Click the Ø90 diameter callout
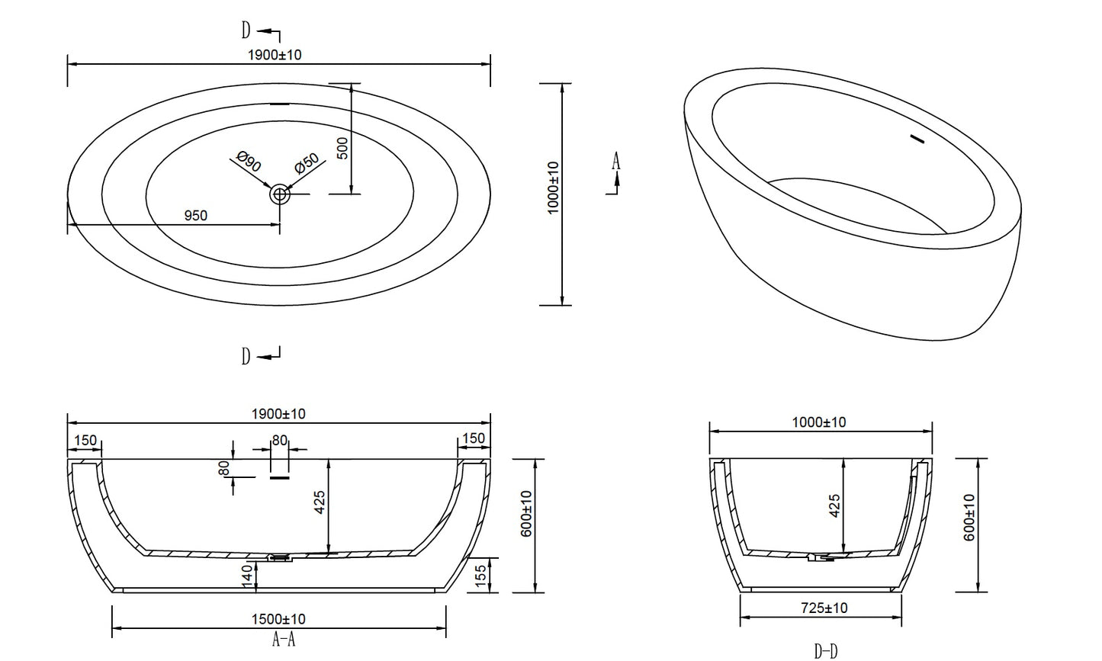(249, 162)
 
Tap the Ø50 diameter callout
(307, 163)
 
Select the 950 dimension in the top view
(196, 216)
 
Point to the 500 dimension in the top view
(343, 148)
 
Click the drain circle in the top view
(280, 194)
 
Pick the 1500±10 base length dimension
(278, 619)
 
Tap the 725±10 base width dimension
(824, 608)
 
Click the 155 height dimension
(480, 576)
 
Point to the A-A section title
(284, 640)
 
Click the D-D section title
(826, 651)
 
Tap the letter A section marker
(616, 161)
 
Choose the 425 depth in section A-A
(320, 502)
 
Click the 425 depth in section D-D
(835, 506)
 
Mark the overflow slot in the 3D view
(917, 139)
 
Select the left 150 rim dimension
(85, 440)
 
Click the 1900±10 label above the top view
(275, 55)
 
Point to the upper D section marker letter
(246, 30)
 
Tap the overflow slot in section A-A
(279, 477)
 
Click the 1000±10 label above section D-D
(819, 422)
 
